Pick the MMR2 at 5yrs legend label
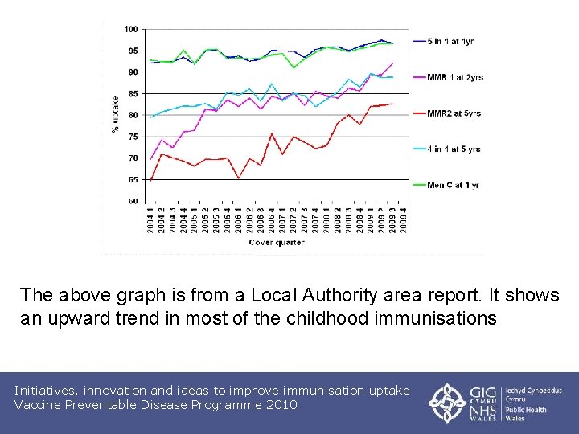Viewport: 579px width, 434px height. click(454, 113)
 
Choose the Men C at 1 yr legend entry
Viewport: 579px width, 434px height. click(453, 185)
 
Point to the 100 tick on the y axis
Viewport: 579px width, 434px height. click(130, 30)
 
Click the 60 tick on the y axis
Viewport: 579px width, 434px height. click(133, 202)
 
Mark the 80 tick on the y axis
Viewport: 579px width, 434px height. click(133, 116)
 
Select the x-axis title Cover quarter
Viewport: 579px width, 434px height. click(276, 242)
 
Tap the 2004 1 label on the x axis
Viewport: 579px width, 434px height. click(150, 219)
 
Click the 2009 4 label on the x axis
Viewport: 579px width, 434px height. click(404, 219)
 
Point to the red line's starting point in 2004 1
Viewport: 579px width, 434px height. click(150, 181)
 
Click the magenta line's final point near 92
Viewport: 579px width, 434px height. click(392, 63)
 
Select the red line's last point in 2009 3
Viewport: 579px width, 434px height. click(392, 104)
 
